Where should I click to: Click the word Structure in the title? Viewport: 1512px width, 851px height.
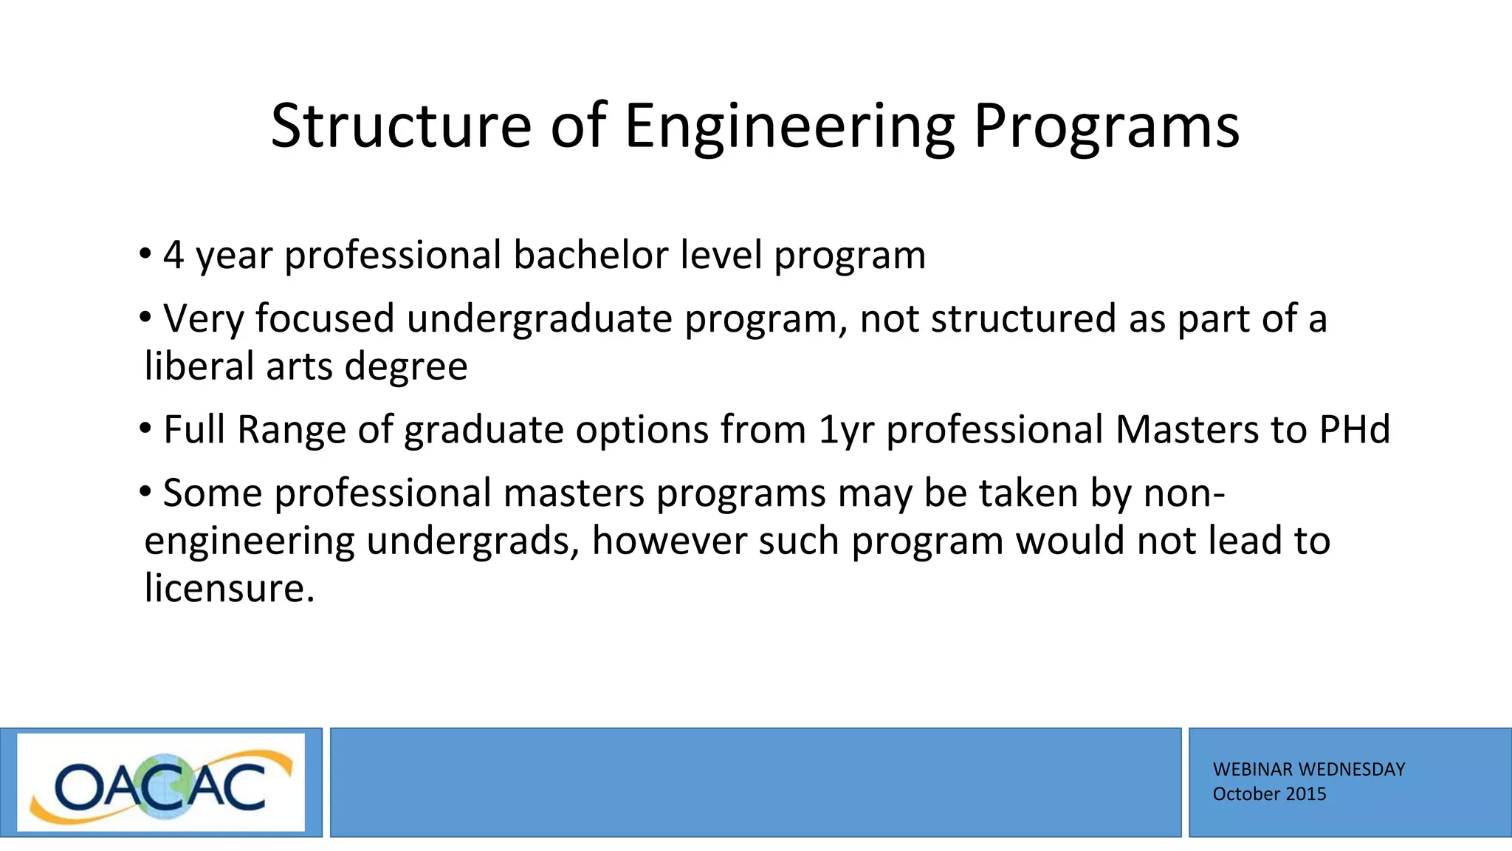pos(401,126)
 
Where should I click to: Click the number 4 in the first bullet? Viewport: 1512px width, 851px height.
pos(173,255)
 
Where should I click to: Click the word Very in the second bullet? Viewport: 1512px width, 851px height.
pos(203,319)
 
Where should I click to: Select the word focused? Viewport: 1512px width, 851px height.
pos(325,319)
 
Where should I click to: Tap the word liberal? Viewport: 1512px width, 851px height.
pos(199,366)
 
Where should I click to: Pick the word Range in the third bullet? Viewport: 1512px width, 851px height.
pos(291,430)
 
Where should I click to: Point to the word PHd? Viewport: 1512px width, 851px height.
pos(1355,429)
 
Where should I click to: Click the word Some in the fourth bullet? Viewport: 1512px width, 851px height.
pos(213,493)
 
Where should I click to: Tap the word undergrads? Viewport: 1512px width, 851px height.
pos(472,541)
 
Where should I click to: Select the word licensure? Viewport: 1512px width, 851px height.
pos(229,589)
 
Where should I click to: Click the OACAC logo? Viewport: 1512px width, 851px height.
pos(161,782)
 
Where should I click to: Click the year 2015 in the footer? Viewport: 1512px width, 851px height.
pos(1307,794)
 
